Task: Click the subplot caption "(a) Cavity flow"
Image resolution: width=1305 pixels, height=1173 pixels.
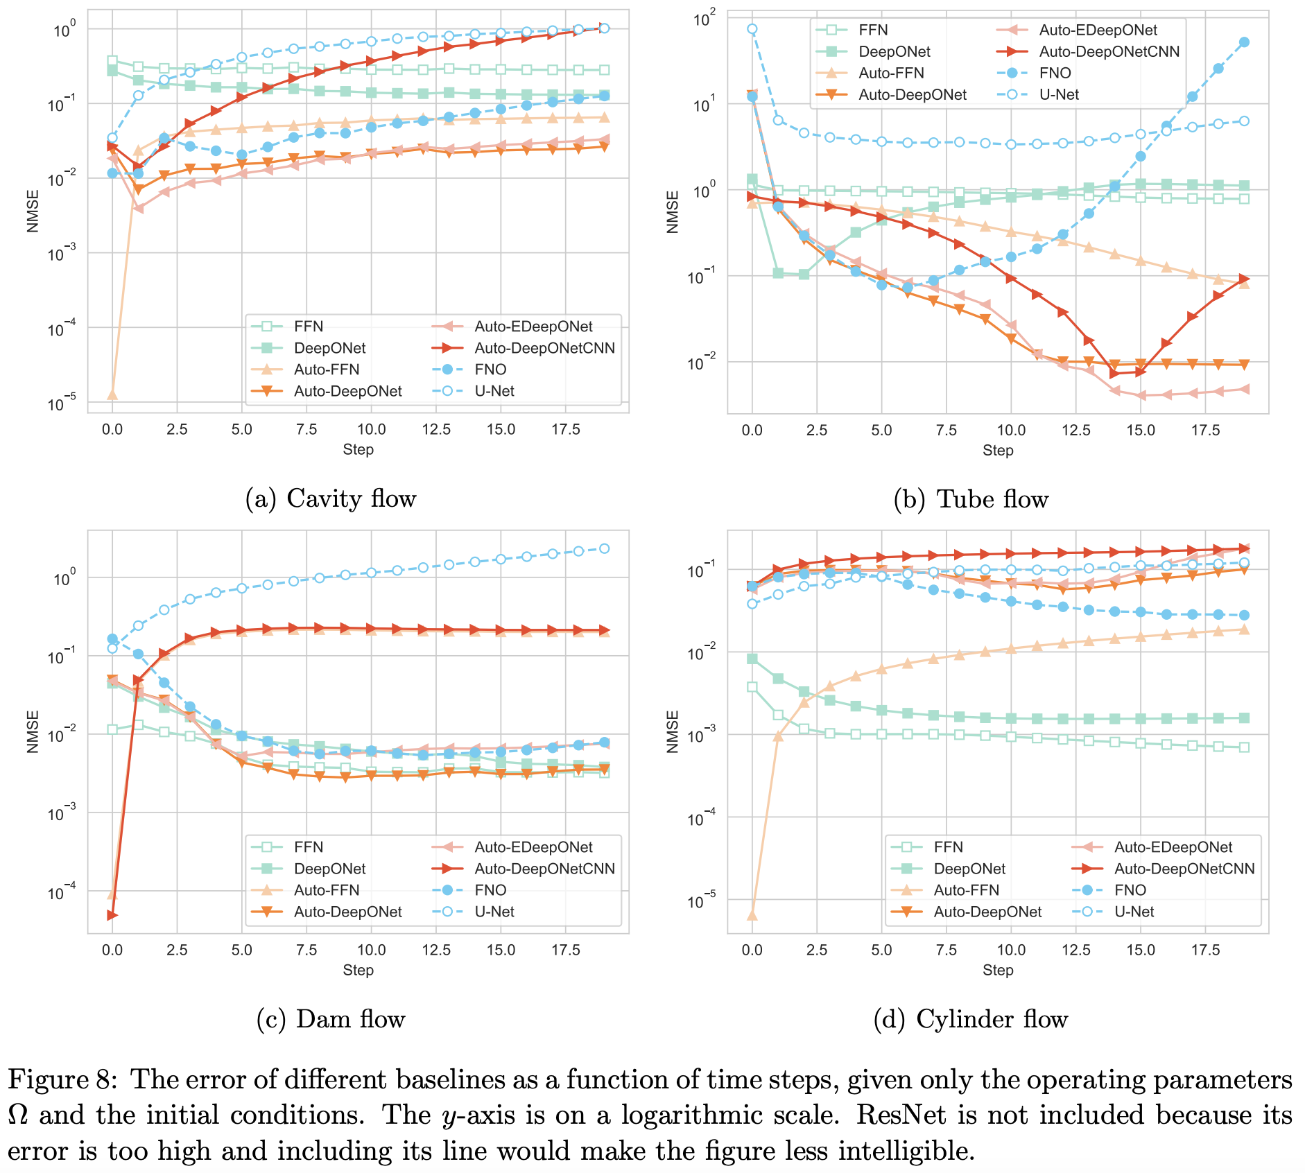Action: click(331, 498)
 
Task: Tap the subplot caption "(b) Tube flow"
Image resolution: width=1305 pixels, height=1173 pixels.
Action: click(971, 499)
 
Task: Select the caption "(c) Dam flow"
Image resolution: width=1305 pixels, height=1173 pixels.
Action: click(331, 1019)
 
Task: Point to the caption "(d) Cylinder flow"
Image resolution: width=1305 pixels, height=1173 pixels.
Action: click(971, 1019)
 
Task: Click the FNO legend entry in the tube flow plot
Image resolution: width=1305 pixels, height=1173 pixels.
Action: click(1055, 73)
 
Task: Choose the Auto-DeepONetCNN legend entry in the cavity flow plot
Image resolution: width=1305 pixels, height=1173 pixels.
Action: click(544, 348)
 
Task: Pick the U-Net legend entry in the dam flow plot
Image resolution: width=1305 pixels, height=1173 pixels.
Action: click(494, 912)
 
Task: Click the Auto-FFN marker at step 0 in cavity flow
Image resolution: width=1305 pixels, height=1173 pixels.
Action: click(112, 395)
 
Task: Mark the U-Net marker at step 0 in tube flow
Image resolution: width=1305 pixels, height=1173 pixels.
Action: click(752, 29)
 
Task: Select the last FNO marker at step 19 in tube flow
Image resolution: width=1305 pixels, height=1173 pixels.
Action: click(1245, 42)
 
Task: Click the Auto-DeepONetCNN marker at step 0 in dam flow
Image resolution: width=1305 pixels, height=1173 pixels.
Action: click(112, 916)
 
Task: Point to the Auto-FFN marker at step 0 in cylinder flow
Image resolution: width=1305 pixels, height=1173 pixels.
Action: click(752, 916)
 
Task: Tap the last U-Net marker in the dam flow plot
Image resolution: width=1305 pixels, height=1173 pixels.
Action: click(605, 548)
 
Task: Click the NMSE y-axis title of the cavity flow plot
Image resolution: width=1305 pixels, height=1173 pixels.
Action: click(33, 211)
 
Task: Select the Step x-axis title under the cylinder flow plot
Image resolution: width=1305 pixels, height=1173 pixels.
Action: click(998, 970)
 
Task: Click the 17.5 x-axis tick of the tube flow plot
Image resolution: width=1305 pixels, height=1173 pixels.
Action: click(1206, 431)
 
